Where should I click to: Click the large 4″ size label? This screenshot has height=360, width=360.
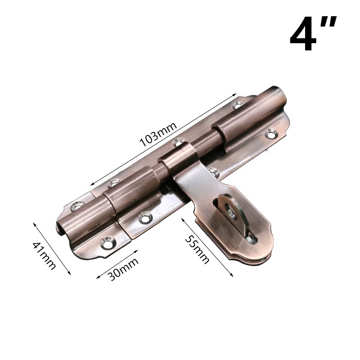[x=313, y=33]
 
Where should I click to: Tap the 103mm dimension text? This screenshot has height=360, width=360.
[x=158, y=134]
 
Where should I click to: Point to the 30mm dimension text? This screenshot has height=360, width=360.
[x=123, y=269]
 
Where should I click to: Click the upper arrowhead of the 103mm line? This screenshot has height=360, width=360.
[x=234, y=94]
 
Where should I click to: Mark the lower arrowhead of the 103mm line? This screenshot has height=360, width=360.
[x=92, y=184]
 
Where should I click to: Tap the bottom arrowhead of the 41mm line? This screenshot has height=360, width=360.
[x=69, y=273]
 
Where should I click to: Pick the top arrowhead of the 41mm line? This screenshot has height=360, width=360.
[x=34, y=224]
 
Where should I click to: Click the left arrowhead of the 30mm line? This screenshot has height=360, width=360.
[x=98, y=277]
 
